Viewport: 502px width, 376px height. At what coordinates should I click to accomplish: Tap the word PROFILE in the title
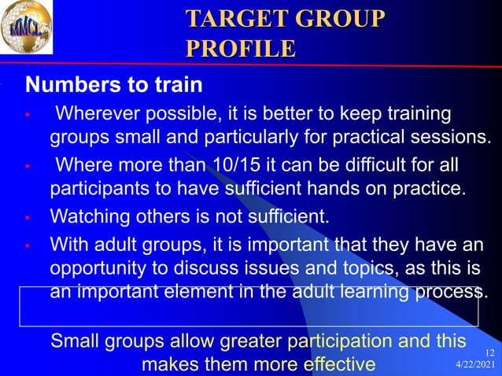241,48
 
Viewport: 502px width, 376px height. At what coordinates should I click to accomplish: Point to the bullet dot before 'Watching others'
27,216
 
